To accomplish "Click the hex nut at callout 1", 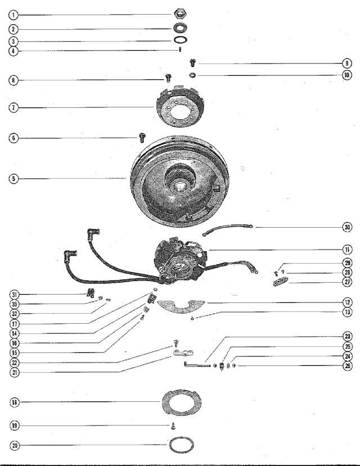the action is pyautogui.click(x=180, y=13).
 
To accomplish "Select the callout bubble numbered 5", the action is pyautogui.click(x=13, y=179).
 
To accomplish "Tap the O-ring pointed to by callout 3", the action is pyautogui.click(x=181, y=40).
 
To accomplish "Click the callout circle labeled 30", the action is pyautogui.click(x=347, y=227).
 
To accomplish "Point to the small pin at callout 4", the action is pyautogui.click(x=180, y=49).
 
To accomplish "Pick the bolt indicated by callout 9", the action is pyautogui.click(x=192, y=63).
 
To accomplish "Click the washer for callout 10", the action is pyautogui.click(x=192, y=75).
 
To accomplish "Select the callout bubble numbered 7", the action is pyautogui.click(x=13, y=107).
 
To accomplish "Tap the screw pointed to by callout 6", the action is pyautogui.click(x=142, y=137).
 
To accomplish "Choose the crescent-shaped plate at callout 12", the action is pyautogui.click(x=181, y=307).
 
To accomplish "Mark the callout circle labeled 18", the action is pyautogui.click(x=14, y=402).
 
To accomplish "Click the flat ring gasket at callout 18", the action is pyautogui.click(x=182, y=401).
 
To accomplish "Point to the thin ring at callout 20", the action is pyautogui.click(x=181, y=445).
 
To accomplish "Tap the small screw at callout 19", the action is pyautogui.click(x=173, y=426).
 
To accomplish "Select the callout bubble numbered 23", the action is pyautogui.click(x=347, y=336).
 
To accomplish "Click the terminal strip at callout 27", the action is pyautogui.click(x=281, y=281).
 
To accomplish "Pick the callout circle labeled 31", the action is pyautogui.click(x=14, y=295).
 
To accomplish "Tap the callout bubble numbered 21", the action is pyautogui.click(x=14, y=372).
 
